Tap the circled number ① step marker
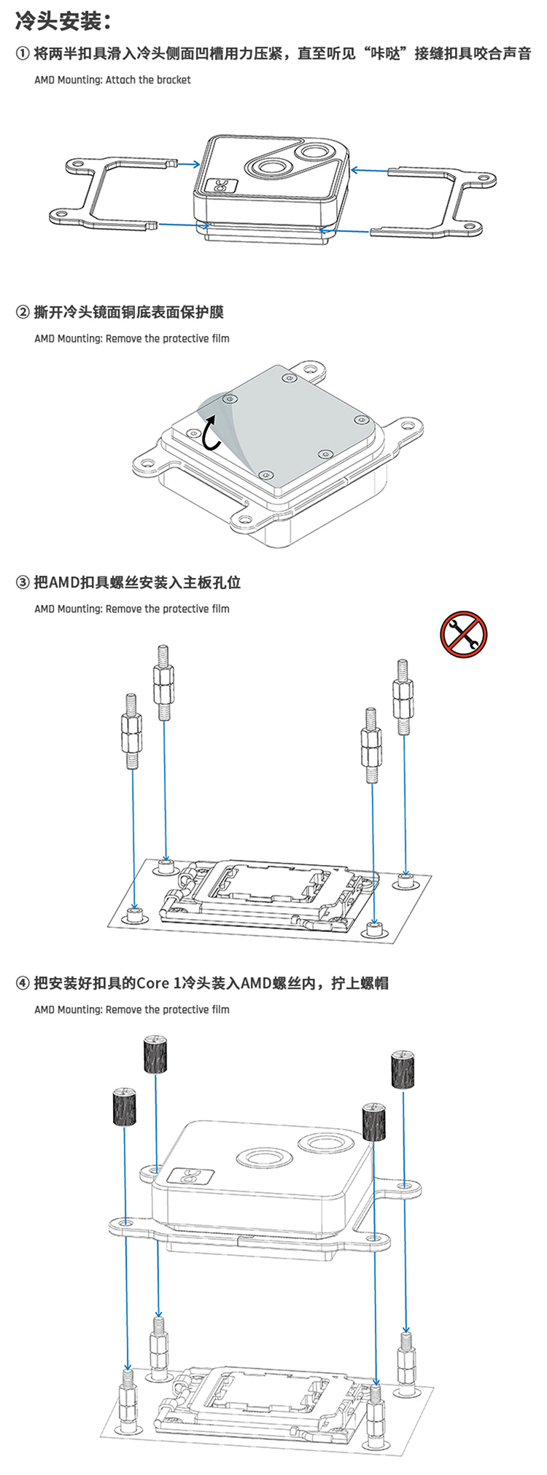23,54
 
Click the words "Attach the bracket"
148,80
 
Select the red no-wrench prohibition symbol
463,634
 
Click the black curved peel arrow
211,431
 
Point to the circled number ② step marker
23,313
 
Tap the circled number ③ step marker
23,582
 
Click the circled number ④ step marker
23,983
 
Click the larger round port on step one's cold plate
318,153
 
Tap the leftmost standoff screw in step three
132,732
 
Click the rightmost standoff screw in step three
403,697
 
